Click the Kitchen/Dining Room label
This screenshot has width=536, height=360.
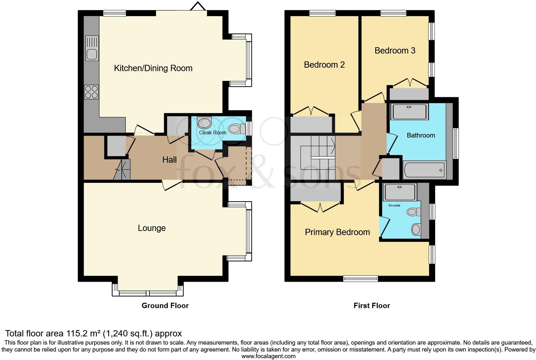[x=153, y=68]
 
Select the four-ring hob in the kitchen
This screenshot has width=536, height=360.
[x=92, y=92]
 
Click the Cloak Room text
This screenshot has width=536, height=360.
[x=213, y=132]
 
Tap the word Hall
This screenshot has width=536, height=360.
[x=169, y=160]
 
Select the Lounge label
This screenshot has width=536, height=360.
[x=152, y=228]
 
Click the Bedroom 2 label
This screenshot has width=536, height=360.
[x=324, y=65]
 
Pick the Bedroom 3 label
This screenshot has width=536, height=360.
[x=395, y=51]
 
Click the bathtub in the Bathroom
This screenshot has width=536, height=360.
[x=424, y=170]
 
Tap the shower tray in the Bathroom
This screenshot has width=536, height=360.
[x=409, y=111]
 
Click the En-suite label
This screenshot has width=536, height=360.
[x=394, y=205]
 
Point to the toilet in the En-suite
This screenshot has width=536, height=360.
[x=413, y=212]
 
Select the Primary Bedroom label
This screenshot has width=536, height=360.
[x=337, y=232]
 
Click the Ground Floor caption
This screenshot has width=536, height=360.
[x=165, y=306]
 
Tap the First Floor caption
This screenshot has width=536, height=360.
[x=371, y=306]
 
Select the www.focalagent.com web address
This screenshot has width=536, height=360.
[x=268, y=356]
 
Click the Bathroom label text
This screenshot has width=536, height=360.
[x=421, y=135]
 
